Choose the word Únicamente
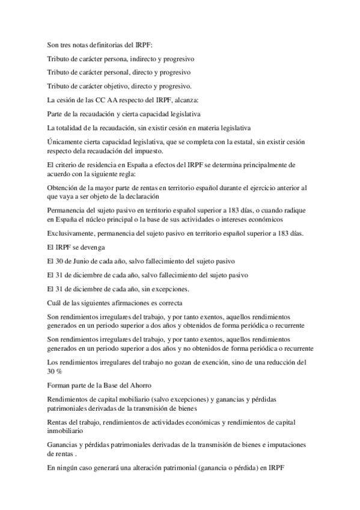pyautogui.click(x=66, y=141)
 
